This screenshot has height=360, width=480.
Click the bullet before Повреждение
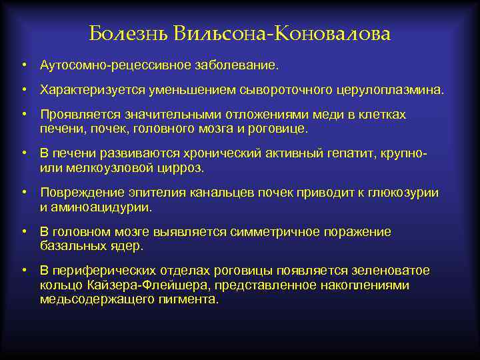pos(23,193)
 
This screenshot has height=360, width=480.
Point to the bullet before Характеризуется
pos(23,89)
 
